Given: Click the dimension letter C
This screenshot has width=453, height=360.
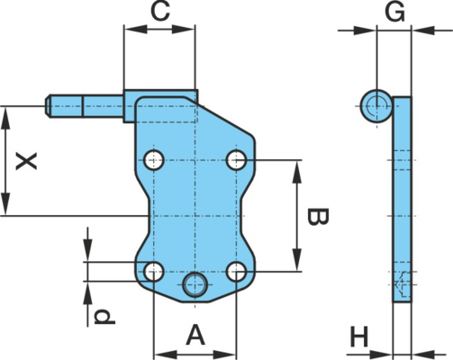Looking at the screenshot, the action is click(x=160, y=12).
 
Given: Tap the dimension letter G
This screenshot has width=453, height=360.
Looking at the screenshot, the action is click(x=395, y=13).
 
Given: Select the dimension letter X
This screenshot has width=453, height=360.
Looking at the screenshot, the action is click(x=27, y=161).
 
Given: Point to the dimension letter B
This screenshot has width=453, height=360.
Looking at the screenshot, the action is click(x=318, y=216).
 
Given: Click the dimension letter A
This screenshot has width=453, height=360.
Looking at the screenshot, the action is click(x=195, y=335).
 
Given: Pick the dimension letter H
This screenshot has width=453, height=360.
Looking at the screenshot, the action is click(x=359, y=337).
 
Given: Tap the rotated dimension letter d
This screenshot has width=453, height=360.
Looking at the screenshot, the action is click(x=104, y=318).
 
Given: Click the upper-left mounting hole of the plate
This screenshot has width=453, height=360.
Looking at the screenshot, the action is click(x=154, y=160).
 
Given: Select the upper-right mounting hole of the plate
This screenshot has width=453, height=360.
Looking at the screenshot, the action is click(x=237, y=160).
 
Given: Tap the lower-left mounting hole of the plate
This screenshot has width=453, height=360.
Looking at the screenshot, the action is click(x=154, y=272).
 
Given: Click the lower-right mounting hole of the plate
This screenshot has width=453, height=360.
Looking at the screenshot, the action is click(x=237, y=272).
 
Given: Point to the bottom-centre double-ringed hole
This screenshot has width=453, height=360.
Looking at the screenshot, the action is click(x=195, y=284).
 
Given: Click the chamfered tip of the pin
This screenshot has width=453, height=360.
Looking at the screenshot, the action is click(x=48, y=106).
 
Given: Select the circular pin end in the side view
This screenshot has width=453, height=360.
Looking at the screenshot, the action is click(x=376, y=106).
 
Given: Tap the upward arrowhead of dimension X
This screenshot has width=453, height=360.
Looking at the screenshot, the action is click(x=5, y=119).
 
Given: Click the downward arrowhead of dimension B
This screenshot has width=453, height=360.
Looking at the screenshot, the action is click(x=296, y=260).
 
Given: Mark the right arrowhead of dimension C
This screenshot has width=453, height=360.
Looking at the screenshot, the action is click(x=183, y=29).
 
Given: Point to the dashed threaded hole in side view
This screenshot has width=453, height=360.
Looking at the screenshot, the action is click(x=403, y=283).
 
